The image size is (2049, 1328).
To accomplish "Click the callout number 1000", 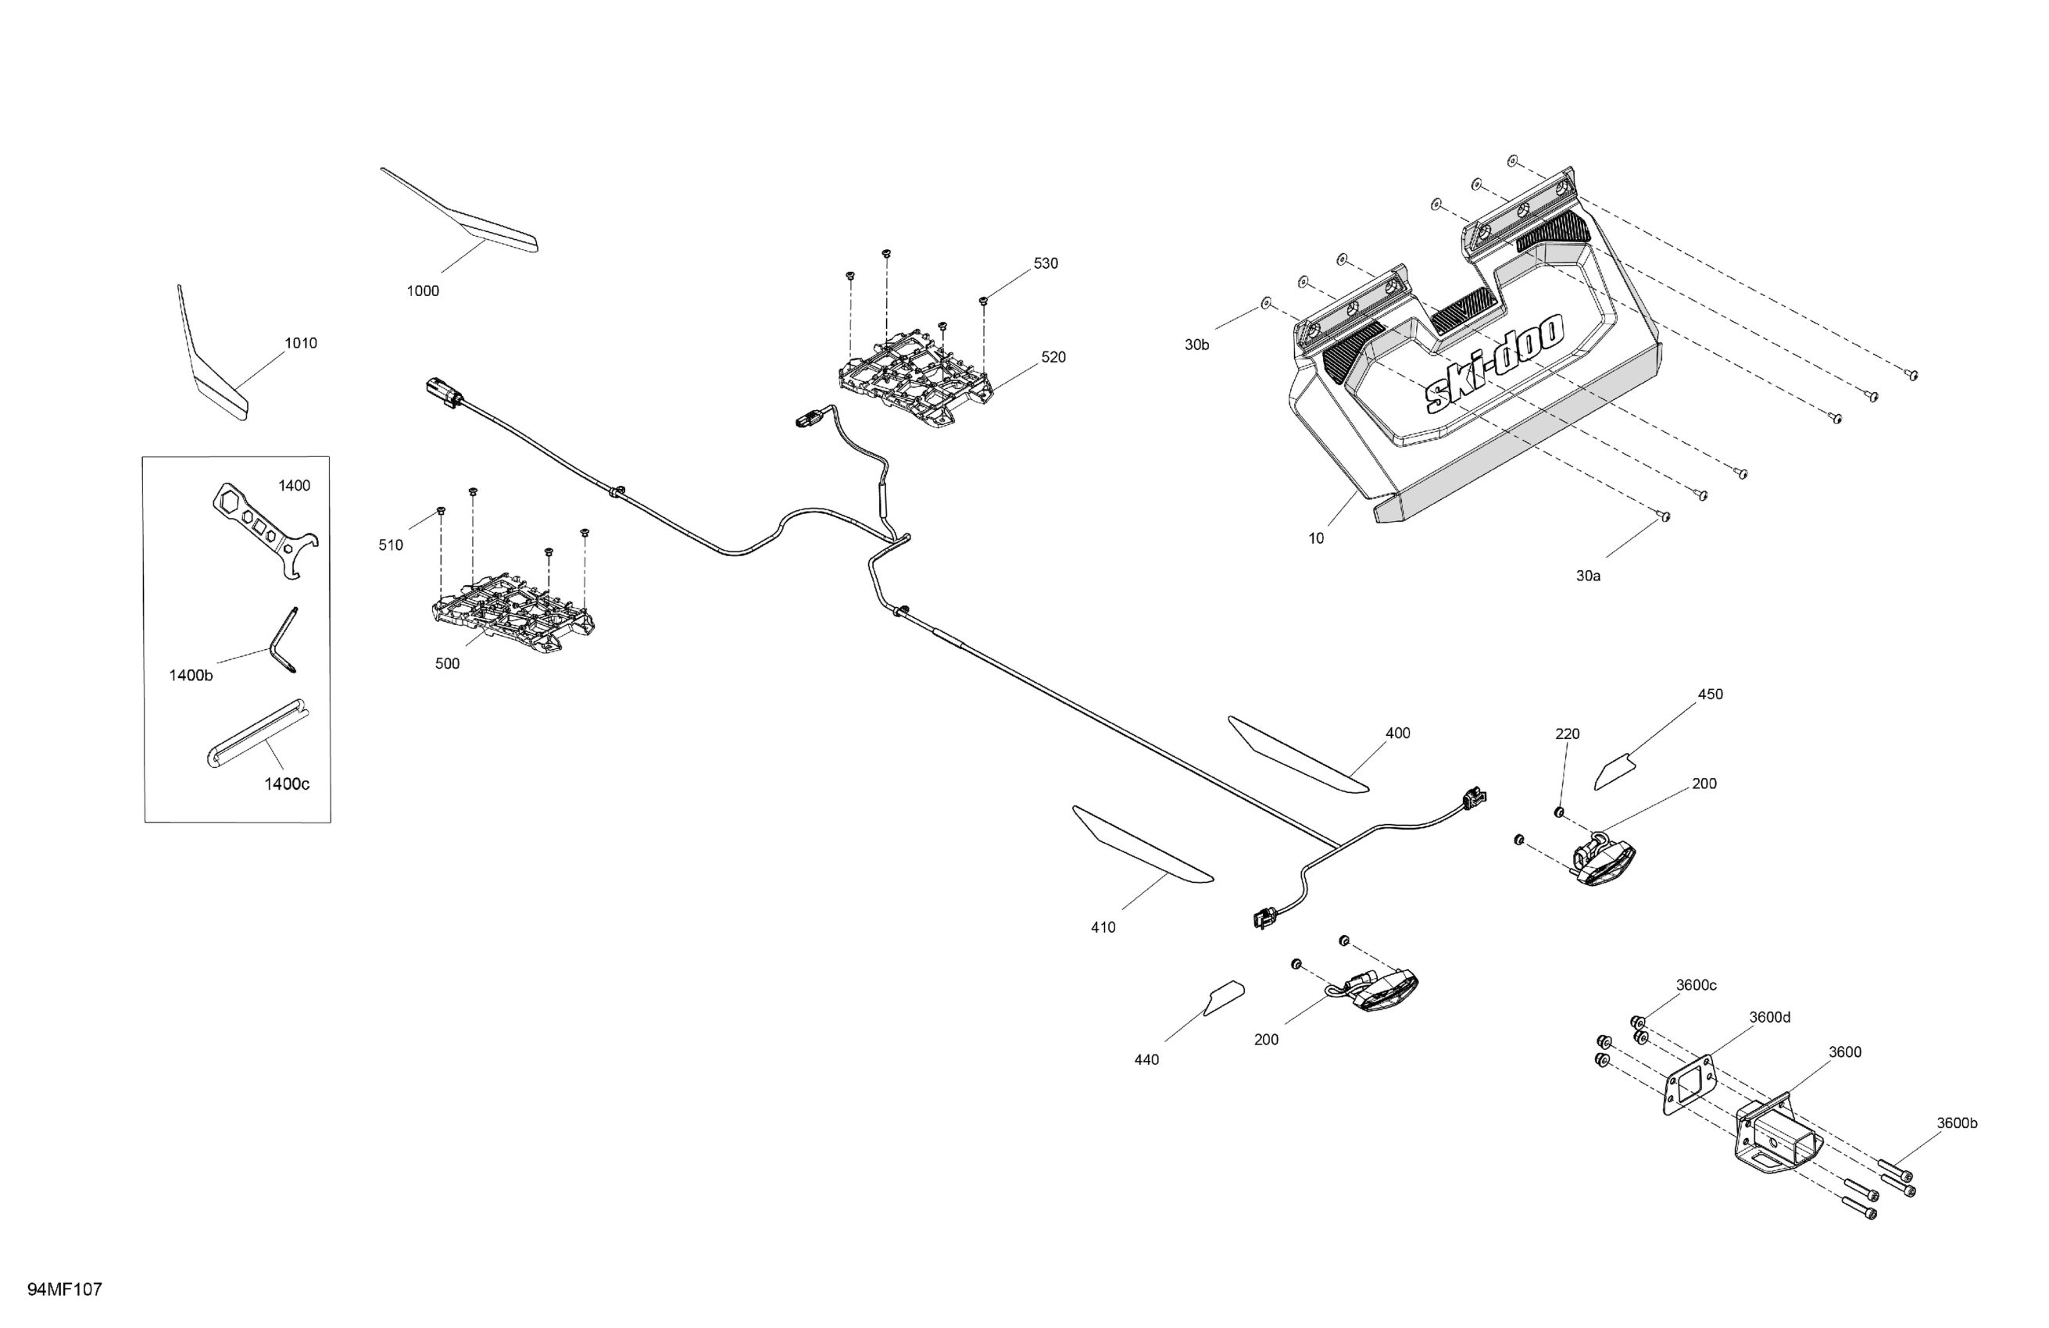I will (x=423, y=291).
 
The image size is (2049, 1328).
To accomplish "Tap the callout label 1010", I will (x=300, y=344).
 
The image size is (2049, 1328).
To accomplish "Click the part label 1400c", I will (x=287, y=784).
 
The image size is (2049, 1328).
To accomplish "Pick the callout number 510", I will (x=391, y=544).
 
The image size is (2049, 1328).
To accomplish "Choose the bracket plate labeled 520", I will (x=916, y=378).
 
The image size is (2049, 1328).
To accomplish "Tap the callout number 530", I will (x=1045, y=263).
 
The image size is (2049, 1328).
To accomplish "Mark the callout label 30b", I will (x=1196, y=345).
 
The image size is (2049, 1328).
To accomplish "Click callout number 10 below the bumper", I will (x=1315, y=539).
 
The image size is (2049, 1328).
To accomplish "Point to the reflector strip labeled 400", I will (x=1296, y=755).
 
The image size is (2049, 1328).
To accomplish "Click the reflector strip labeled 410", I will (x=1141, y=844).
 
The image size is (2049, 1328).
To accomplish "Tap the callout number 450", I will (x=1710, y=694).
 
